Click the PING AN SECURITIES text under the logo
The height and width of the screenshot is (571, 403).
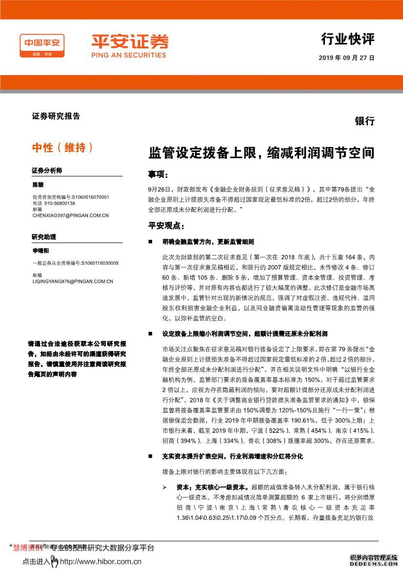point(129,55)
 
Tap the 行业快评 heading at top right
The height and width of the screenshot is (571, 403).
point(348,39)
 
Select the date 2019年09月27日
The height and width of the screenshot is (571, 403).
point(346,58)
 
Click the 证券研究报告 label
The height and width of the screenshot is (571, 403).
point(56,116)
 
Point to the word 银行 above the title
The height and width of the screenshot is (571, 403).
point(364,121)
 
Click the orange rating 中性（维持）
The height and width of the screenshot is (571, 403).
point(62,147)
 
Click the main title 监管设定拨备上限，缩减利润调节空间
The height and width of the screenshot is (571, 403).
point(262,153)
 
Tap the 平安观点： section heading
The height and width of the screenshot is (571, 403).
point(166,226)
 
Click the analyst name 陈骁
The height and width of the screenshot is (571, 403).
point(38,186)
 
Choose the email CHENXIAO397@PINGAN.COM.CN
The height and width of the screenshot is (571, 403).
point(70,215)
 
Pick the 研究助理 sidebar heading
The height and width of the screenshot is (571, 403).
point(44,237)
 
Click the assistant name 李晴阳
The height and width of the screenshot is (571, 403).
point(40,250)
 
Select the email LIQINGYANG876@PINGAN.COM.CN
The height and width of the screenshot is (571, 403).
point(73,281)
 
